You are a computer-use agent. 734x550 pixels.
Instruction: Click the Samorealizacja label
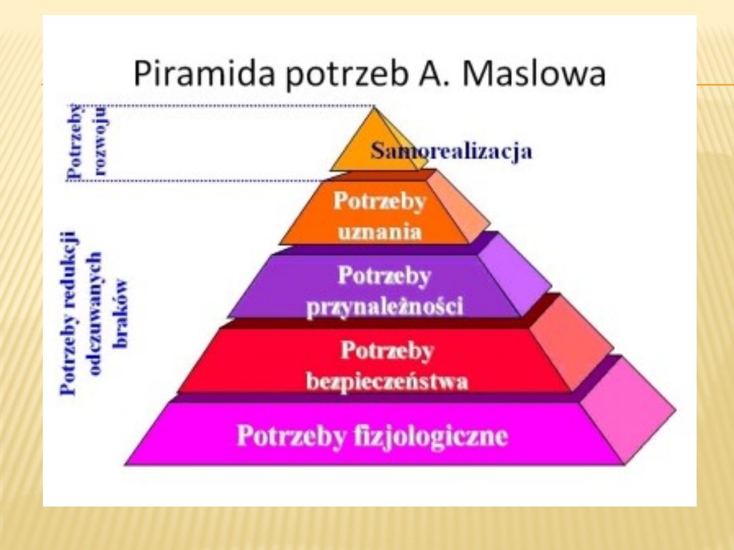[x=451, y=151]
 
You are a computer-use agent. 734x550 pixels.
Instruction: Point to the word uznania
[x=380, y=232]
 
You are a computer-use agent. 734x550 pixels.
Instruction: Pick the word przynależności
[x=385, y=307]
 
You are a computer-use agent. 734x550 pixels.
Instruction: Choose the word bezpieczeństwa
[x=387, y=382]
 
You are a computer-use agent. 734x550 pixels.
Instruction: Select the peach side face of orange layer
[x=457, y=204]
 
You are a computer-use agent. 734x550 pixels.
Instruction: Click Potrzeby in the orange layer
[x=379, y=202]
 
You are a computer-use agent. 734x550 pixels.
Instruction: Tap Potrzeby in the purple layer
[x=384, y=276]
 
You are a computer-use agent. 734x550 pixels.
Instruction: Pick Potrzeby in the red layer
[x=387, y=351]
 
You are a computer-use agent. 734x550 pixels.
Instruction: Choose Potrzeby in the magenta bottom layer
[x=291, y=435]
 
